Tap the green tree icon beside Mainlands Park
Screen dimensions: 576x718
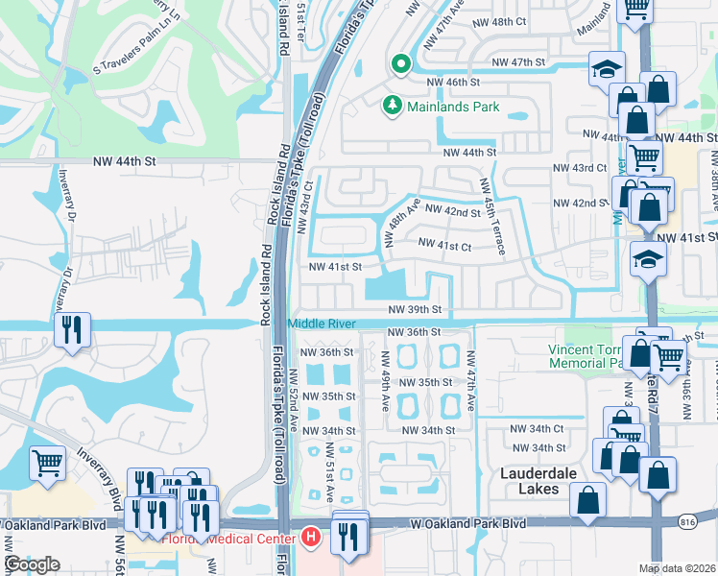point(391,106)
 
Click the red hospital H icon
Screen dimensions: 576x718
point(310,536)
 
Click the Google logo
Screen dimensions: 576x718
point(32,564)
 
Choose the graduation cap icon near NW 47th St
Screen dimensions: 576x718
point(607,68)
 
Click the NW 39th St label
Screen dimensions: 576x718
point(415,310)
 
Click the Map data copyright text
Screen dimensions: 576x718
point(678,567)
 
